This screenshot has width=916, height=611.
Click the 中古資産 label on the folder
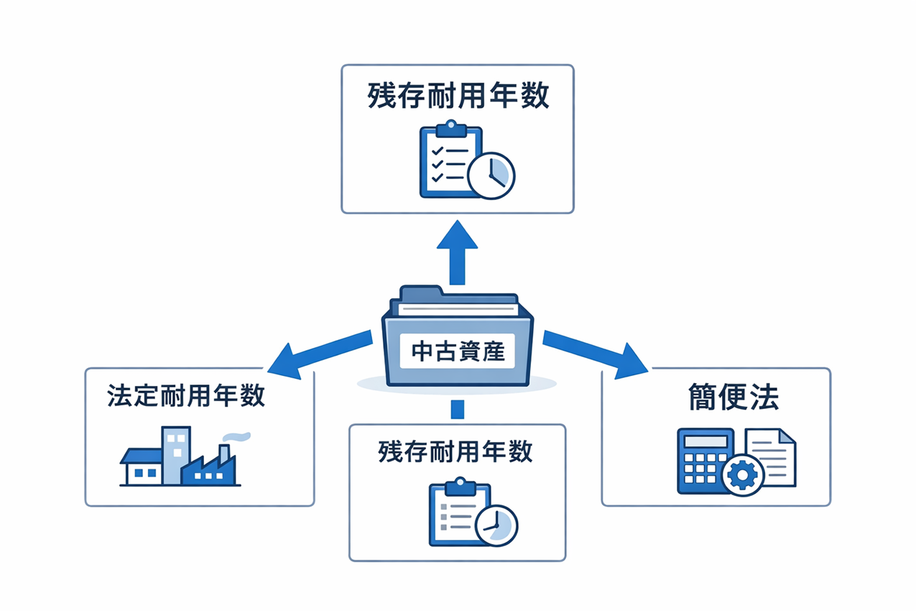[457, 352]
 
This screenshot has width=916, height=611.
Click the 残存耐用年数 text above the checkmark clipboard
[458, 96]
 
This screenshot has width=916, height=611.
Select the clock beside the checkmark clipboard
[491, 175]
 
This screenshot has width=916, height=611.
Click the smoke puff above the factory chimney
[238, 436]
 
